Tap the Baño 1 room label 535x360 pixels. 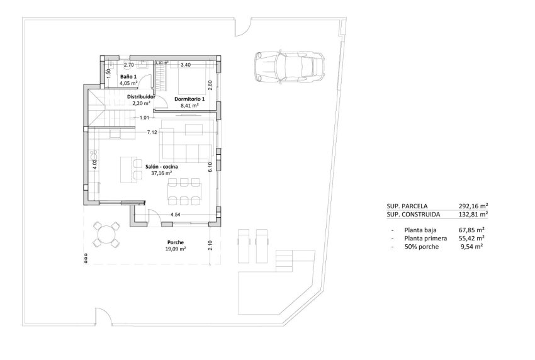pyautogui.click(x=128, y=77)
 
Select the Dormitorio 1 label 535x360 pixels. pyautogui.click(x=189, y=99)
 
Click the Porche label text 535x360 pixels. pyautogui.click(x=176, y=242)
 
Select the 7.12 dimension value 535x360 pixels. pyautogui.click(x=152, y=133)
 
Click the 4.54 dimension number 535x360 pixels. pyautogui.click(x=176, y=215)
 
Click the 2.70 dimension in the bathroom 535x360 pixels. pyautogui.click(x=128, y=65)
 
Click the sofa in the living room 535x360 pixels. pyautogui.click(x=184, y=144)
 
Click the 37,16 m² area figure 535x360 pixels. pyautogui.click(x=162, y=172)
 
